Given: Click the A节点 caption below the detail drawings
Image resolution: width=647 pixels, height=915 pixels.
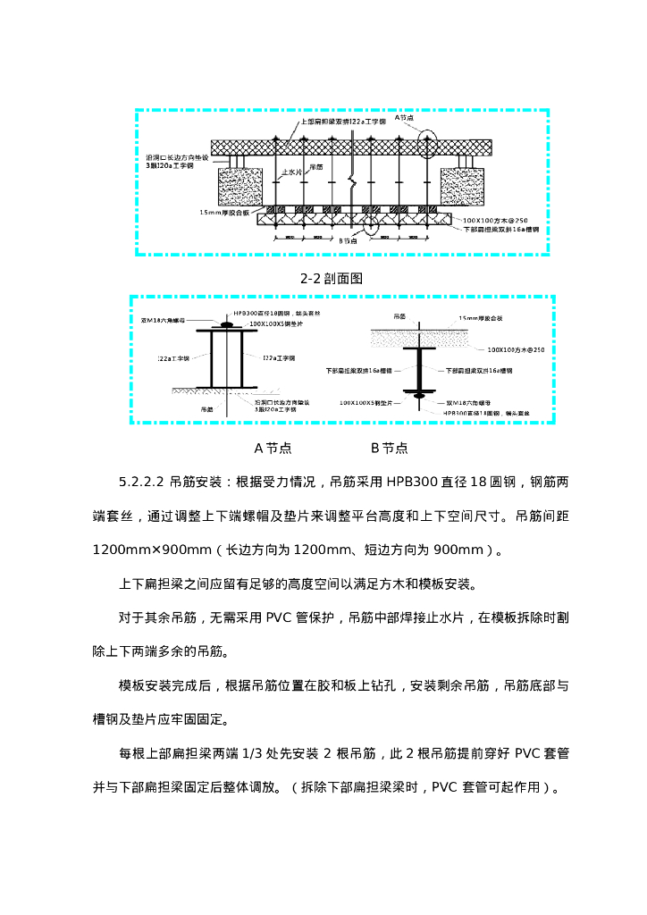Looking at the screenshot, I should pos(273,448).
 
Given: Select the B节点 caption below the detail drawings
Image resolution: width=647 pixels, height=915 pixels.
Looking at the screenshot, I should pos(390,448).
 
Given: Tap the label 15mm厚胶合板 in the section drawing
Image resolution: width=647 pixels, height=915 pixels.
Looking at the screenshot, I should pos(230,213).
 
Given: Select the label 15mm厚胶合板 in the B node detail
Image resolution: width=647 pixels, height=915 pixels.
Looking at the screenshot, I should pos(481,318).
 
